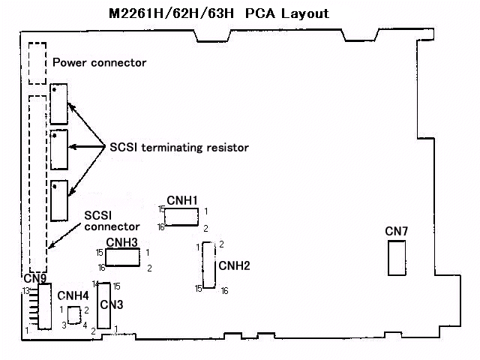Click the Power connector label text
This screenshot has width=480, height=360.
pos(99,62)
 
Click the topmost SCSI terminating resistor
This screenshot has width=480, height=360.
pos(59,103)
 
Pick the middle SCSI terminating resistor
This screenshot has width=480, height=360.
pos(59,149)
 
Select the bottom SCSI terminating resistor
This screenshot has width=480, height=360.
pos(59,199)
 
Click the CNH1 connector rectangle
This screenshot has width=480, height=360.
pos(181,217)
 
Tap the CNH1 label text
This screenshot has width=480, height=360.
pos(181,201)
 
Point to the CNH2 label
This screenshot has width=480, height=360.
pos(234,265)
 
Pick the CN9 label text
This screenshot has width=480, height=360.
pos(34,279)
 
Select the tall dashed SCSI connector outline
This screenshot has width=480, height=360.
pos(37,184)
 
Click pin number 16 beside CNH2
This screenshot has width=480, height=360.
pos(224,290)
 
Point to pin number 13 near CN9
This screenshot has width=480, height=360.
pos(25,290)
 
